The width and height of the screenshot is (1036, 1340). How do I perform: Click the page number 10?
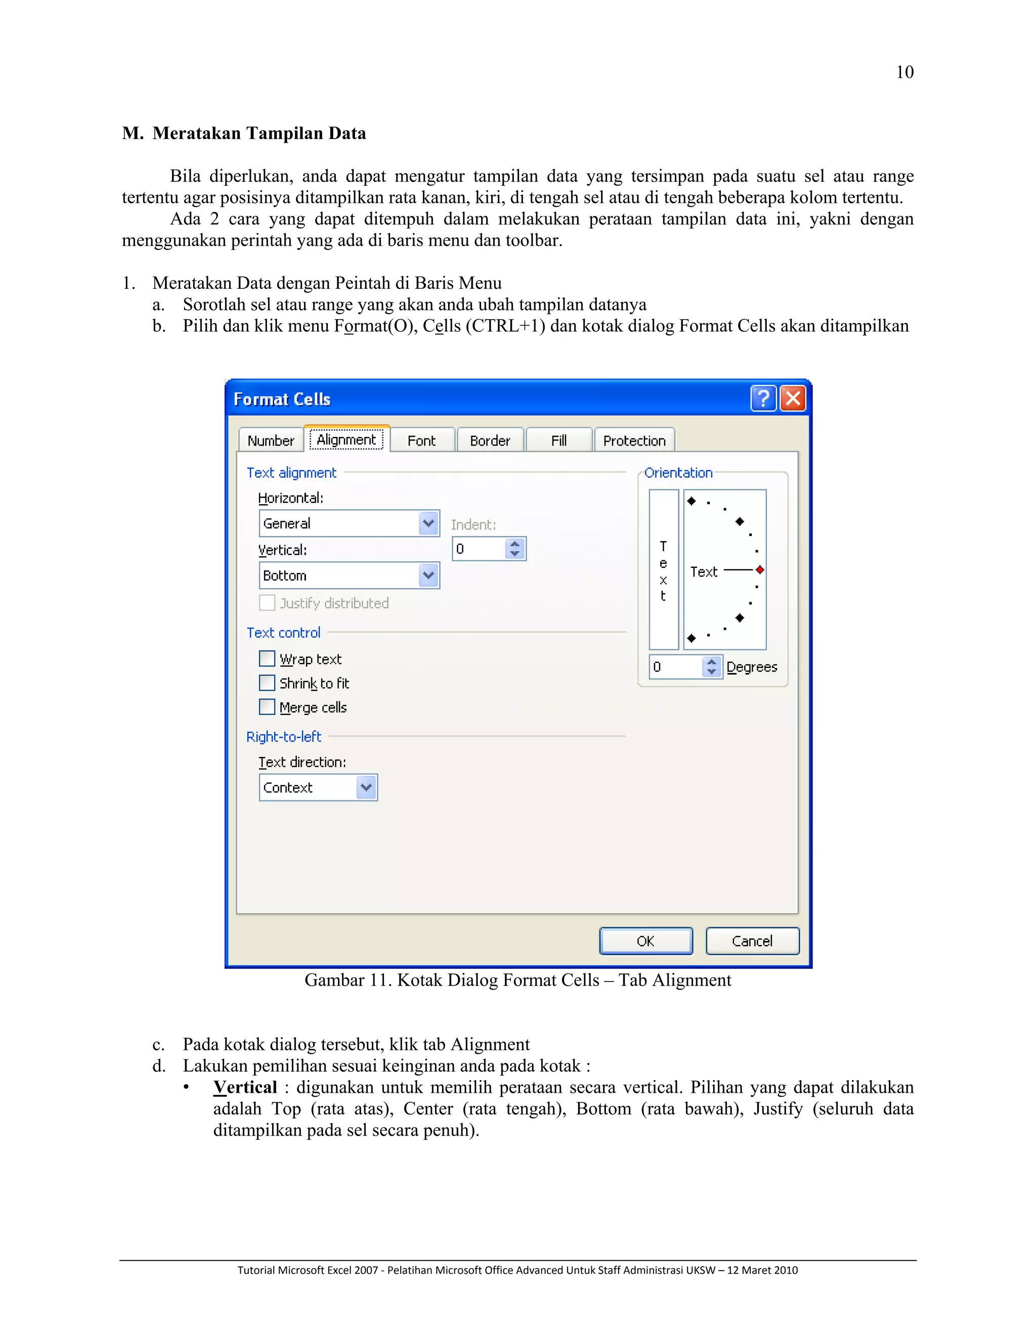(904, 72)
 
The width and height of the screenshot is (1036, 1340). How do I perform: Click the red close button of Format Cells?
(792, 399)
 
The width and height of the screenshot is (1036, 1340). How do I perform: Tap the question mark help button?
(763, 399)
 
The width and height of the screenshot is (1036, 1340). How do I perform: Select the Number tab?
(271, 440)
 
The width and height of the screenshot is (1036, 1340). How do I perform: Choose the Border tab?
(490, 440)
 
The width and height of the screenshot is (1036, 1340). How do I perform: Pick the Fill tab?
(558, 440)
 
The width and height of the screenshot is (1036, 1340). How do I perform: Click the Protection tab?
(634, 440)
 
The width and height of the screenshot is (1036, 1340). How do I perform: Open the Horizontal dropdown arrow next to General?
(428, 523)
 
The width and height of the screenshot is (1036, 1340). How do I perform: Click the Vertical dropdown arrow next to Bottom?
(428, 575)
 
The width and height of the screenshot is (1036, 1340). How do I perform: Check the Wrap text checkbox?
(267, 658)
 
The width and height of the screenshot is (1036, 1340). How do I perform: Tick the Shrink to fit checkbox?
(267, 683)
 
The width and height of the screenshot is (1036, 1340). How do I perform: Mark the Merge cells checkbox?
(267, 707)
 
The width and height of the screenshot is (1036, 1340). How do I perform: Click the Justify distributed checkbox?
(267, 603)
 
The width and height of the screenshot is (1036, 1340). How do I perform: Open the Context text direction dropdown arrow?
(366, 787)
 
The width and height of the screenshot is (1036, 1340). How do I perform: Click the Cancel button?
(752, 941)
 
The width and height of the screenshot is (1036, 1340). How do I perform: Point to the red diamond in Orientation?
(760, 570)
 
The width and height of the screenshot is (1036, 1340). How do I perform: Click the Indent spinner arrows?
(515, 549)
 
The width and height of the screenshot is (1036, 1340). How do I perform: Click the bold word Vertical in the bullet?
(245, 1087)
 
